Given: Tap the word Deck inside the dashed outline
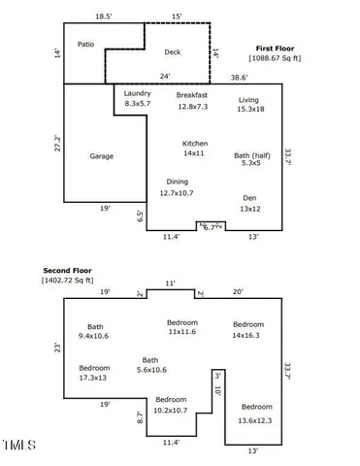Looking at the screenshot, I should (x=173, y=52).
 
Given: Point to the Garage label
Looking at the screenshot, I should (x=103, y=155).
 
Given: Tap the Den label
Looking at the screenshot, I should (x=249, y=197).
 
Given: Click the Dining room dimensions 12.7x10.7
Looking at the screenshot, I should (x=177, y=192).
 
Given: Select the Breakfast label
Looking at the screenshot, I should (x=192, y=95).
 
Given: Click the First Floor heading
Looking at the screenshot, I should (x=275, y=48).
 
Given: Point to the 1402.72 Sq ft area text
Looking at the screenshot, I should (x=67, y=281).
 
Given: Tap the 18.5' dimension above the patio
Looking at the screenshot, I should (x=104, y=17).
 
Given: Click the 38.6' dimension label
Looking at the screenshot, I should (x=239, y=77).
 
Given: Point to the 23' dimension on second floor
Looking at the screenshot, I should (x=58, y=348).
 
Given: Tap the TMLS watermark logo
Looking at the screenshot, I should (x=18, y=447).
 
